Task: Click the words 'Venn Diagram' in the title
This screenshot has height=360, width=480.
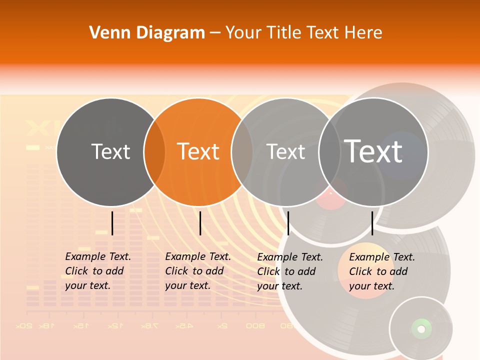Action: coord(147,33)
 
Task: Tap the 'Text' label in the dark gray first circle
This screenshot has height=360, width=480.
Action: coord(110,151)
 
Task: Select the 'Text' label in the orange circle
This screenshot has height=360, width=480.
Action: coord(198,151)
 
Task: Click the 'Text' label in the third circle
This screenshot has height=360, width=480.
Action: coord(286,151)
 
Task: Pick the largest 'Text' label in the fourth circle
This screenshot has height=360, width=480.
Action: coord(373,151)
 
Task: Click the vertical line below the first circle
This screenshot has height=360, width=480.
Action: coord(112,223)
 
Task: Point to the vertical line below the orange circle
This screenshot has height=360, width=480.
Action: coord(200,223)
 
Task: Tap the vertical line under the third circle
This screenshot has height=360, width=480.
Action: coord(288,223)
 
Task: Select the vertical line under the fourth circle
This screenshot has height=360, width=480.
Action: coord(372,223)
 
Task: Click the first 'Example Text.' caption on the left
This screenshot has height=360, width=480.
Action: coord(98,256)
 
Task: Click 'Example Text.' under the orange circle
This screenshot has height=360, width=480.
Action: coord(198,256)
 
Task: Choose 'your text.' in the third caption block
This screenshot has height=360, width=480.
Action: coord(280,286)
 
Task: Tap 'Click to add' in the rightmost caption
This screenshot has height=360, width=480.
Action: coord(378,271)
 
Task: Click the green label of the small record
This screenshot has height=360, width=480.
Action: coord(421,328)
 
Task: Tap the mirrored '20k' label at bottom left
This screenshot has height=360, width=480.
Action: coord(24,326)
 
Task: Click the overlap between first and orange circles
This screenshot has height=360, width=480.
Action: coord(154,151)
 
